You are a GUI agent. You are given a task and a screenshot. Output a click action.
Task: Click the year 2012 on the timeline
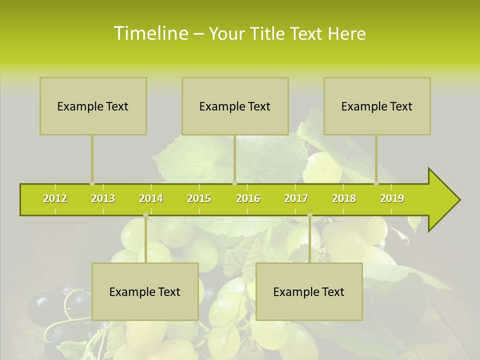point(55,198)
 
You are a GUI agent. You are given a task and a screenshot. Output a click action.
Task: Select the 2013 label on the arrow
point(103,198)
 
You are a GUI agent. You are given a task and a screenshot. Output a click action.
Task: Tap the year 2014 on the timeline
point(151,198)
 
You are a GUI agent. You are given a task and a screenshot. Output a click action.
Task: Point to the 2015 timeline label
point(199,198)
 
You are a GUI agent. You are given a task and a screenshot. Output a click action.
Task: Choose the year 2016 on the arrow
point(248,198)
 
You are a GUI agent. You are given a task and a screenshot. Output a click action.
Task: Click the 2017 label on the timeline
point(296,198)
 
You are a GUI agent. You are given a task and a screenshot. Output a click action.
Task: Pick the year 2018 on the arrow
point(344,198)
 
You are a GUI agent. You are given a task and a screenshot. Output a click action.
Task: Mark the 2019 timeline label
point(392,198)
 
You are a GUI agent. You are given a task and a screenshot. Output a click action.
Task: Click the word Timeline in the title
point(149,33)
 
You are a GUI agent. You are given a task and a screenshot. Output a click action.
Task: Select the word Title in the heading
point(270,34)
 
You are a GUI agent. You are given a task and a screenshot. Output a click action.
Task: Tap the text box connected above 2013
point(93,106)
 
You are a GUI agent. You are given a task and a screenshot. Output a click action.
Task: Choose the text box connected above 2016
point(235,106)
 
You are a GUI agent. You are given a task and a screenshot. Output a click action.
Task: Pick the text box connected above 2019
point(377,106)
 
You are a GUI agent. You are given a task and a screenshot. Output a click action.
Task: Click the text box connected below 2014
point(145,291)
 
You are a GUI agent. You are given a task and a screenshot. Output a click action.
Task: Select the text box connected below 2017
point(309,291)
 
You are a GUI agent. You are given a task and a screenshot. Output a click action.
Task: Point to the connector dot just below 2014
point(145,215)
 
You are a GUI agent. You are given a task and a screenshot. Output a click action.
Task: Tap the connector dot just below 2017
point(309,215)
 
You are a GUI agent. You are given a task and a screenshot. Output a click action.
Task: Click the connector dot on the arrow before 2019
point(376,183)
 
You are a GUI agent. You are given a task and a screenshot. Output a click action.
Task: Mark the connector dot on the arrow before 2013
point(92,183)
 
